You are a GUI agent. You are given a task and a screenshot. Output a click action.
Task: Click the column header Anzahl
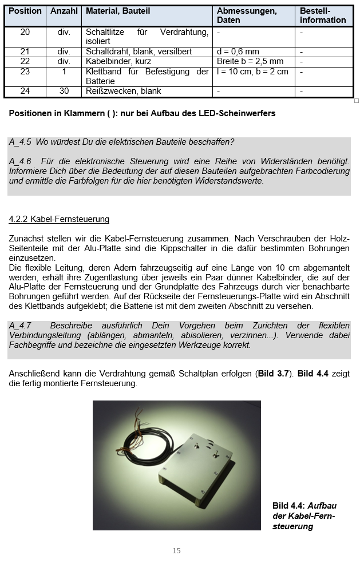tap(64, 11)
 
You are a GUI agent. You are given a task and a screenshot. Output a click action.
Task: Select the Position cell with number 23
tap(25, 72)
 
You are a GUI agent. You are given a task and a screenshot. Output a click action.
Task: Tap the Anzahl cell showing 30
tap(64, 92)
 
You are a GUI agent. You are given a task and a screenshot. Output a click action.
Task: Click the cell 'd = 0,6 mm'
tap(238, 52)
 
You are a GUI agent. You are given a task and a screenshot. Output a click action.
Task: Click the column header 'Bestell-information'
tap(323, 15)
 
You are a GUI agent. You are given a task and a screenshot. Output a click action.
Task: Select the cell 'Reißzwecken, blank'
tap(124, 92)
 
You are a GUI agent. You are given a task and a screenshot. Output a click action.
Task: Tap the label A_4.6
tap(20, 162)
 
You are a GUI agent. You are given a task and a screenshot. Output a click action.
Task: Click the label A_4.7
tap(20, 326)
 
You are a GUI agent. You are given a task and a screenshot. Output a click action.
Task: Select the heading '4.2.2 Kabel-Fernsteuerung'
tap(59, 219)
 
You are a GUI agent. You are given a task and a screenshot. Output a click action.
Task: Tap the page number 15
tap(176, 551)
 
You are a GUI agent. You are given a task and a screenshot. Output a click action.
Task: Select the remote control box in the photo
tap(197, 463)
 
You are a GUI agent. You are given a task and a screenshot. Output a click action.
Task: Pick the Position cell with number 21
tap(25, 52)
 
